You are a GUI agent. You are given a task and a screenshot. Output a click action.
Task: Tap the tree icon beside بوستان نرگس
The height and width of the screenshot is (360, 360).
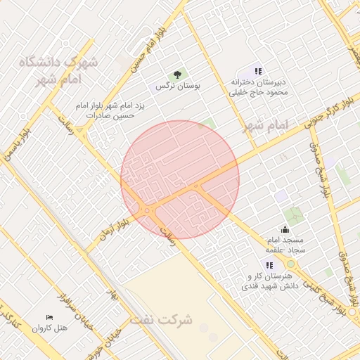177,75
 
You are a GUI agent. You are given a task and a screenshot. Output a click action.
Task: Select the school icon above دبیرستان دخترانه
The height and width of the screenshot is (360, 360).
258,71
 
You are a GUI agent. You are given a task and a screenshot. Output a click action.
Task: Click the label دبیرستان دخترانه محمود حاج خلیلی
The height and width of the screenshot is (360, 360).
258,86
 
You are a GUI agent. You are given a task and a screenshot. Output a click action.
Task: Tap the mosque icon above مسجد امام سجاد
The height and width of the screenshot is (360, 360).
285,229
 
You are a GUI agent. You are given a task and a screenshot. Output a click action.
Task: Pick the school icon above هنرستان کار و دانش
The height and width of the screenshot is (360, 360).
269,265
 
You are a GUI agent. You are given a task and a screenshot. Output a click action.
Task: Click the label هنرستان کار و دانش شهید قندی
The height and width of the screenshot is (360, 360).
271,281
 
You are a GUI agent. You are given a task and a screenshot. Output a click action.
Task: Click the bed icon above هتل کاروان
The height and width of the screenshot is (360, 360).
49,319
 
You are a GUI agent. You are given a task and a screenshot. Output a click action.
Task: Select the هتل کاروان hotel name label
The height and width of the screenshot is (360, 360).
53,328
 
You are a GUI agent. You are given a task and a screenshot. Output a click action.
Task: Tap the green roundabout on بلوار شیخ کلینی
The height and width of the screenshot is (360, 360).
290,264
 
